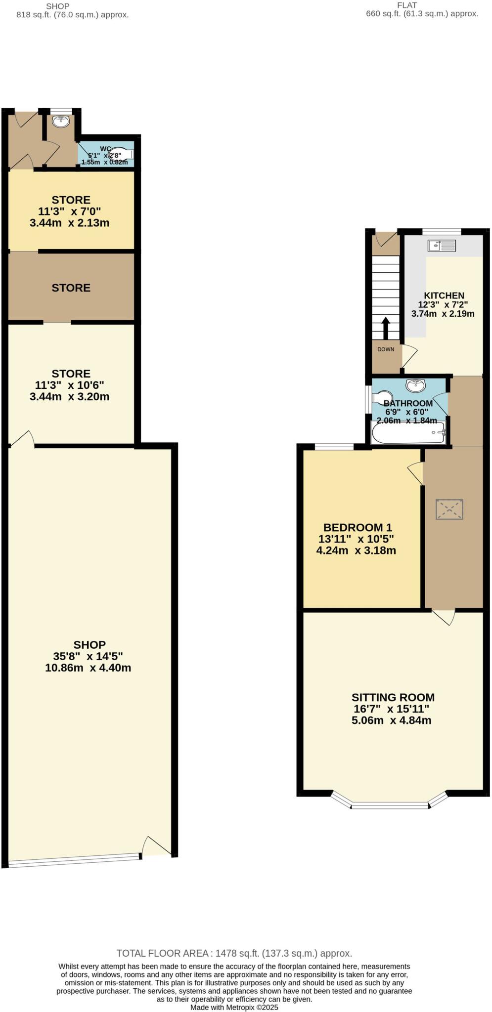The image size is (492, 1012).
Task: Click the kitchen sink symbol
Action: pos(442,245)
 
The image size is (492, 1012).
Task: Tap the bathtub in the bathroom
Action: pos(408,433)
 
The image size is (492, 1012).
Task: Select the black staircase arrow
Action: pos(385,328)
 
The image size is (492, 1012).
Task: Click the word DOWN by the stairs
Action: pos(386,349)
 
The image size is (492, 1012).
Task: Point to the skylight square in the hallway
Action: pos(449,509)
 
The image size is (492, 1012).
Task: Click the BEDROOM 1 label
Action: pos(357,527)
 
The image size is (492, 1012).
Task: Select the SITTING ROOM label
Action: pos(393,697)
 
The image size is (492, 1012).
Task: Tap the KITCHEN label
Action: pos(444,295)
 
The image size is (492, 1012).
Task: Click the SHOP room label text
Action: pos(89,644)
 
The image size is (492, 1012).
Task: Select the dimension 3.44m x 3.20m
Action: pos(70,396)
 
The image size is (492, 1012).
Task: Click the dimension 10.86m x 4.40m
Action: pos(88,668)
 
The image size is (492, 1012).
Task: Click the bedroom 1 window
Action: pos(334,447)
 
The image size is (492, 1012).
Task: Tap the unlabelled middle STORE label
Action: pos(71,288)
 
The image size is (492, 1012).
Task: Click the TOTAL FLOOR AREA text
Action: pos(234,953)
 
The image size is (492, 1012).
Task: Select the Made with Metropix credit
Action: pos(234,1007)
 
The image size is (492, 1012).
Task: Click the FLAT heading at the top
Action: pos(406,5)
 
